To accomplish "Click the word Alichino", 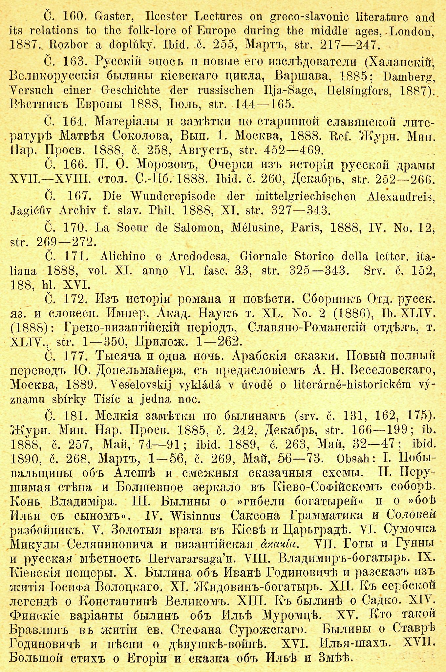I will (123, 256).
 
